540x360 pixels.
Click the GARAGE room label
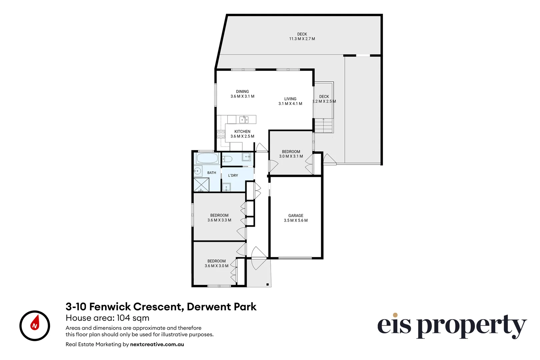296,216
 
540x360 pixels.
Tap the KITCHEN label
242,131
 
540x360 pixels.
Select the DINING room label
242,91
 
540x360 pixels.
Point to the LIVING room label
290,99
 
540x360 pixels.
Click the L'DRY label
233,175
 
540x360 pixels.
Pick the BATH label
212,173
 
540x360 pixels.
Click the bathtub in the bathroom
207,158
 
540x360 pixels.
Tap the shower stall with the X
201,185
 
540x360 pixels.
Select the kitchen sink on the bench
244,119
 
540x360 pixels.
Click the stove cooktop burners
221,134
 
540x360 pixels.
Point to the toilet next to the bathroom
227,159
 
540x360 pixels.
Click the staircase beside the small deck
324,125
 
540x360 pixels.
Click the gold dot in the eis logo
395,315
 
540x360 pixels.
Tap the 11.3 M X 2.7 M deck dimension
302,39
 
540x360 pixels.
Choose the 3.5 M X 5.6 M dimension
296,220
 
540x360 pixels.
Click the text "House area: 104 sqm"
108,318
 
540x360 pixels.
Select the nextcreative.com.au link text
157,344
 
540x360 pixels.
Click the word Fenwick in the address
110,307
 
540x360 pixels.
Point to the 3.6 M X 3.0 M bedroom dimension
216,266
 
